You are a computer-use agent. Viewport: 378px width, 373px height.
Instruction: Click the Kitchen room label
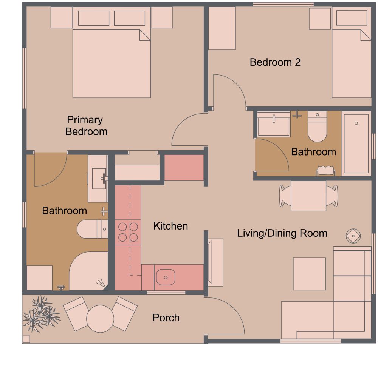point(170,226)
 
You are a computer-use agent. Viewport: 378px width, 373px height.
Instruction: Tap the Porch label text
point(166,318)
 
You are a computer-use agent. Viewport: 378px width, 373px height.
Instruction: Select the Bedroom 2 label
point(275,62)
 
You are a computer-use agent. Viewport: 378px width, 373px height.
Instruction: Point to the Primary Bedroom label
point(86,126)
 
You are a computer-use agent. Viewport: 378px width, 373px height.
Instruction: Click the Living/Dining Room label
point(282,233)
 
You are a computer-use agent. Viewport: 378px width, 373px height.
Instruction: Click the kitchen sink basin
point(165,277)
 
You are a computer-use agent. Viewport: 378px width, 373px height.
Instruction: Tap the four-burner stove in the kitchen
point(128,232)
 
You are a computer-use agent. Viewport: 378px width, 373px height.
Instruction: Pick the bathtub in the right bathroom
point(356,143)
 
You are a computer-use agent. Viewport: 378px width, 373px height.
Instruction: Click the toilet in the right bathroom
point(317,126)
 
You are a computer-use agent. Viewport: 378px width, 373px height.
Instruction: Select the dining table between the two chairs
point(308,196)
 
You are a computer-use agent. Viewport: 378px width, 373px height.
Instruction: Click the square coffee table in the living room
point(309,274)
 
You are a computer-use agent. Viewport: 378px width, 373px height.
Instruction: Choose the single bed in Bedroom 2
point(352,62)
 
